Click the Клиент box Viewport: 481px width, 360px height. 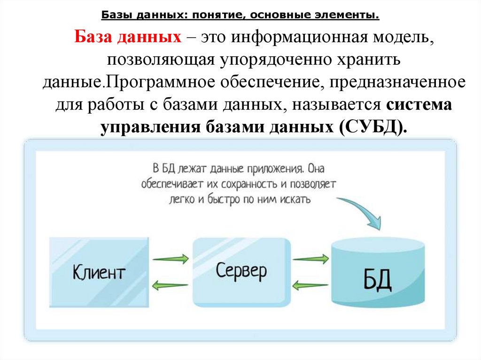coord(100,272)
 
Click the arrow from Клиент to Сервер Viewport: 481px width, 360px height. coord(171,258)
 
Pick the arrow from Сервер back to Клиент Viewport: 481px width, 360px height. coord(171,284)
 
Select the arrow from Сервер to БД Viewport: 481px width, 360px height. coord(310,258)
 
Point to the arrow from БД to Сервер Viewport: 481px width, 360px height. coord(310,284)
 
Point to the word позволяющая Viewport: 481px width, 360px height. coord(161,60)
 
